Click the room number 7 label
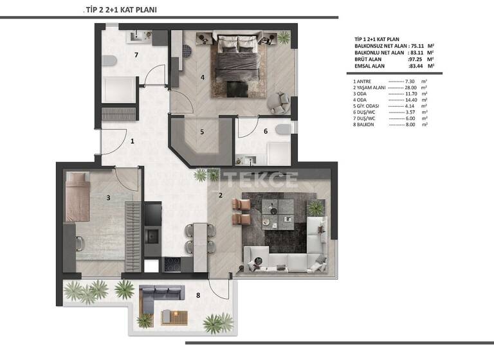[x=136, y=55]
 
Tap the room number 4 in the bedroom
[x=202, y=78]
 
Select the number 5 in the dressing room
[x=201, y=132]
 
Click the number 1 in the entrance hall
[x=132, y=140]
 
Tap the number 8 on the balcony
[x=197, y=296]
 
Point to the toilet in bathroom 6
[x=281, y=130]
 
